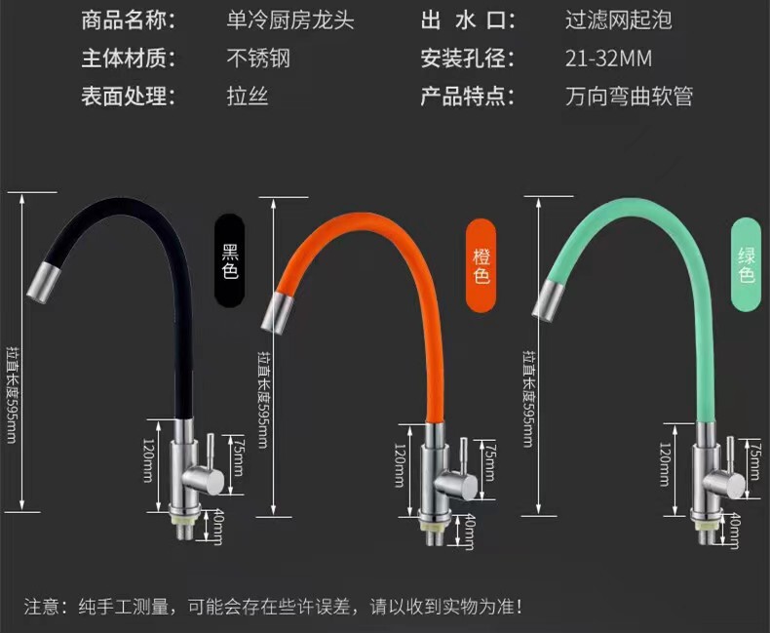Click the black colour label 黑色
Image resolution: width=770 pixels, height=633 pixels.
click(x=230, y=260)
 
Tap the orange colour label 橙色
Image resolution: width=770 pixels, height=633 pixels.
click(x=481, y=265)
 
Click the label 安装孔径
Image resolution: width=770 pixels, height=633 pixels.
click(x=467, y=58)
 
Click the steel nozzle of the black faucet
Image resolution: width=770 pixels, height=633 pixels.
click(x=47, y=276)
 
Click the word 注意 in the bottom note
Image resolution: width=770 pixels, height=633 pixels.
click(x=41, y=607)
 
